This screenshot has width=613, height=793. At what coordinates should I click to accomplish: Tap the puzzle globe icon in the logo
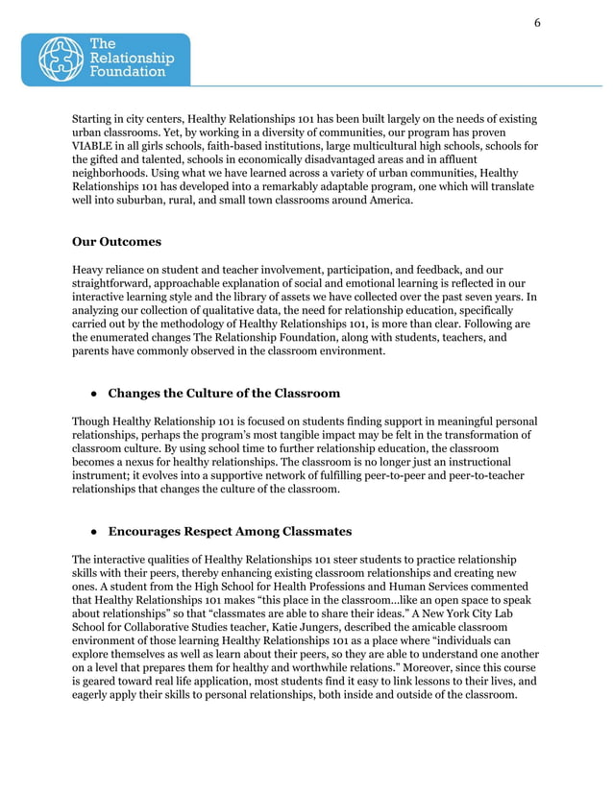[x=62, y=60]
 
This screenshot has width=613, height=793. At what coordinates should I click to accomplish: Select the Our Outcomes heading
[x=116, y=242]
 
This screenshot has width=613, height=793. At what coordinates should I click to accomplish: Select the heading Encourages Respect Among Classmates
[x=230, y=531]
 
